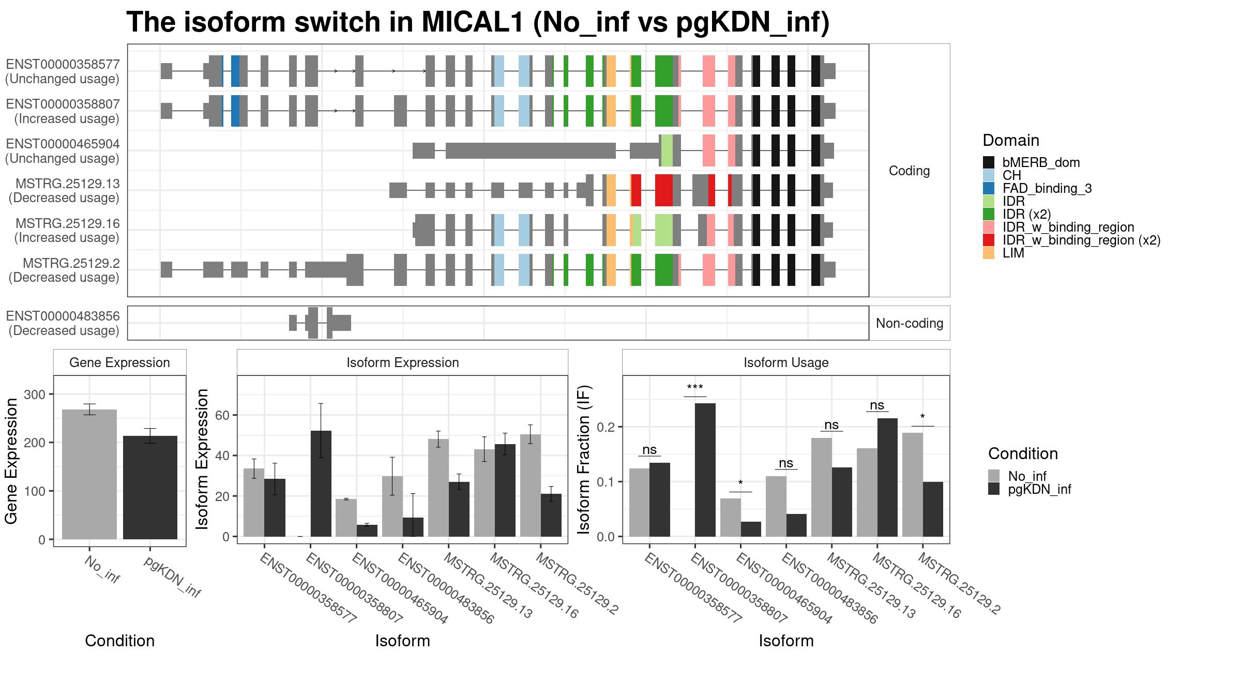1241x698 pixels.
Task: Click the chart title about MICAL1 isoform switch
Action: point(478,22)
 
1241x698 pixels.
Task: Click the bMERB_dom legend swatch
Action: point(988,162)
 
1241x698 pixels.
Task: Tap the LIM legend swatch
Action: point(988,253)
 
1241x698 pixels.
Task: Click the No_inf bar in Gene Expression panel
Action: point(89,474)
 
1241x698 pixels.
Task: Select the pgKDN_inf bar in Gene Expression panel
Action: point(150,488)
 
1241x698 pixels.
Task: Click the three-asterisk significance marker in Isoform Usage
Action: point(695,387)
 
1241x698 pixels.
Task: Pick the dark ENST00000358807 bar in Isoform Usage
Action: point(705,470)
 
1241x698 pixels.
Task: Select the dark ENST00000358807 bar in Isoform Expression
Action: point(321,483)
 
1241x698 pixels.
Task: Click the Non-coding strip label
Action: point(910,323)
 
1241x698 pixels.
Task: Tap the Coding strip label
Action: point(909,171)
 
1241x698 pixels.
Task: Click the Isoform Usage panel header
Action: point(786,362)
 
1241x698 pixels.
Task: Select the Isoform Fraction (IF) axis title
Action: point(583,459)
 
